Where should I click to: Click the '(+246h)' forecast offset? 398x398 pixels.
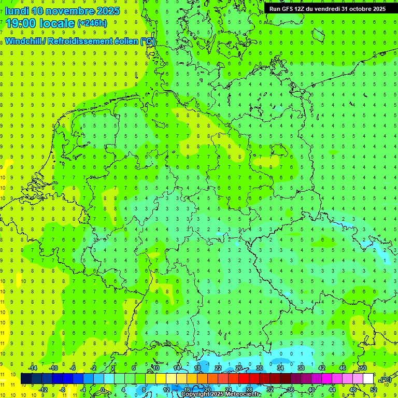[92, 23]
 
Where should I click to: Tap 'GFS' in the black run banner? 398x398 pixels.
[287, 9]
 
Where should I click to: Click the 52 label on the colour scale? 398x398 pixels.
[374, 389]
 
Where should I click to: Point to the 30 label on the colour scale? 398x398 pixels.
[260, 368]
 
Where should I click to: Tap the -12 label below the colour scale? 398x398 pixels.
[43, 389]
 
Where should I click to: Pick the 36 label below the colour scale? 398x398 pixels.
[291, 389]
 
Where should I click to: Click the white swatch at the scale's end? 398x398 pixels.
[368, 379]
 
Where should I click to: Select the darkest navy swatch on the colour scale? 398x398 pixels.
[26, 379]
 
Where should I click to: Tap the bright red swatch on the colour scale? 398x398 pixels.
[244, 379]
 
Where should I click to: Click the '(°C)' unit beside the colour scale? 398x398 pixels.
[385, 379]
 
